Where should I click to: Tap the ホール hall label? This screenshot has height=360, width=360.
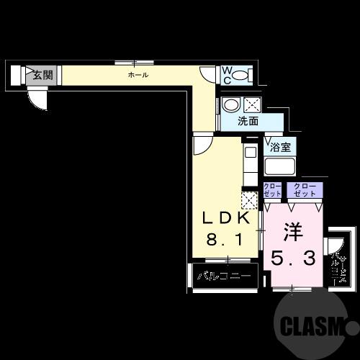(138, 74)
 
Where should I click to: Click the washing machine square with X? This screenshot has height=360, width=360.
(251, 105)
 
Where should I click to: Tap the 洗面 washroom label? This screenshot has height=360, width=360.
(249, 122)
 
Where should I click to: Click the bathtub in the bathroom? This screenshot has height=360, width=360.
(280, 168)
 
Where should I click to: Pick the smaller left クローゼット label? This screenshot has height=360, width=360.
(272, 190)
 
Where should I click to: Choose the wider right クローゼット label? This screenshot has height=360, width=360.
(305, 190)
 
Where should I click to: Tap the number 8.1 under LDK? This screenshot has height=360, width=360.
(225, 239)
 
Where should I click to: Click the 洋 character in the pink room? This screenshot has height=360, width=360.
(292, 233)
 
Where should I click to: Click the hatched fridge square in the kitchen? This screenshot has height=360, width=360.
(249, 200)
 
